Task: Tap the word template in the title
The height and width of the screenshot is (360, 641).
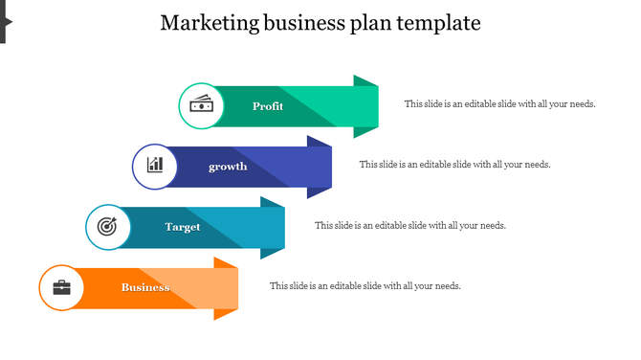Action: click(439, 23)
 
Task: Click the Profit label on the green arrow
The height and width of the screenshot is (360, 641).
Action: click(268, 106)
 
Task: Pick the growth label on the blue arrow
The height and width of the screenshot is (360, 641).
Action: click(228, 167)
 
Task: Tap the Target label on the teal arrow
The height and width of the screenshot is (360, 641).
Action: click(183, 227)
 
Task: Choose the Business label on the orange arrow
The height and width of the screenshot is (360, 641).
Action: click(145, 287)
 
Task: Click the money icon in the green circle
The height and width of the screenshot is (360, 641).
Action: click(202, 105)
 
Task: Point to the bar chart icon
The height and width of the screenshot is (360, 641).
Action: click(155, 166)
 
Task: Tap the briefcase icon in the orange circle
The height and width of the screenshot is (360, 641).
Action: click(62, 287)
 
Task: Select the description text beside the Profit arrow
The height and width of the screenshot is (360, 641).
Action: click(499, 104)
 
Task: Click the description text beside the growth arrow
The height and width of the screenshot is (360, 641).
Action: click(454, 165)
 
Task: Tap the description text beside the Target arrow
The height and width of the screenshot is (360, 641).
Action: click(409, 226)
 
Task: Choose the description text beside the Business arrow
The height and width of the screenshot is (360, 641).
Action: click(365, 286)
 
